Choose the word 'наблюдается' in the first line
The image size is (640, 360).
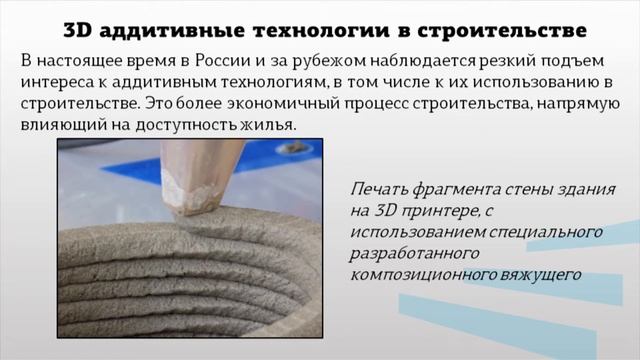tap(397, 60)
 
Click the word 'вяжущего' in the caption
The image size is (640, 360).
tap(532, 274)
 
